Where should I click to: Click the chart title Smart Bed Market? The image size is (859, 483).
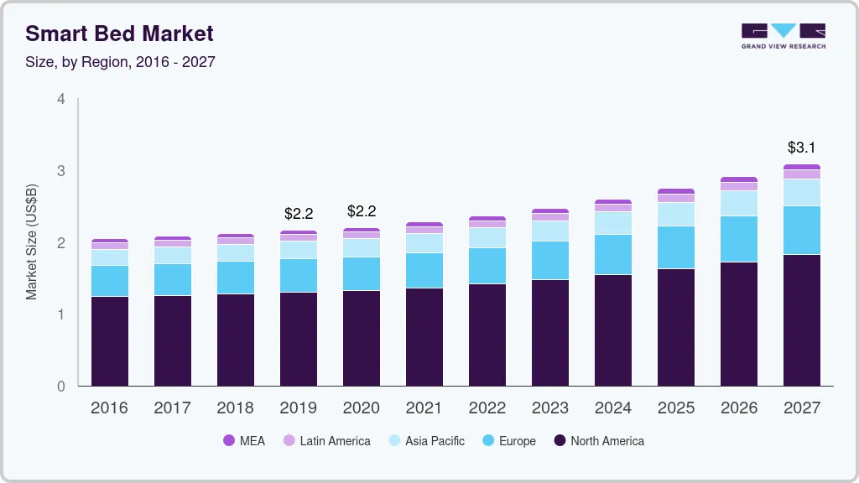point(119,34)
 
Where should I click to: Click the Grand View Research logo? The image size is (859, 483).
point(783,35)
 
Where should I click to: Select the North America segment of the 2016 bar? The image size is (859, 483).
point(110,341)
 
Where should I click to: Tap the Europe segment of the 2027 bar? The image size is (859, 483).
point(802,230)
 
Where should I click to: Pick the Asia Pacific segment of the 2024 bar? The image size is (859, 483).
point(613,223)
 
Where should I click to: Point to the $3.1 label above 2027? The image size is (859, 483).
point(801,148)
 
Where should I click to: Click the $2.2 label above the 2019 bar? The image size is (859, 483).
point(298,214)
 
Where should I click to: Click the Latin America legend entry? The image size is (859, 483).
point(326,440)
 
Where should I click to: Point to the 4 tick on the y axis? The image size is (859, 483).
point(60,99)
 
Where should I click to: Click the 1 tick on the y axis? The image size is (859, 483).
point(60,314)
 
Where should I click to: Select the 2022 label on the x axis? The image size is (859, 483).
point(487,408)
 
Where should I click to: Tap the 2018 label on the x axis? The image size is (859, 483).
point(236,408)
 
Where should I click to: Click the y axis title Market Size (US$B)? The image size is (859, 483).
point(32,241)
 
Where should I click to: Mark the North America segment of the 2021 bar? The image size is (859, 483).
point(424,337)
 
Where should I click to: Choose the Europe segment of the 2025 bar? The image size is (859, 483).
point(676,247)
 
